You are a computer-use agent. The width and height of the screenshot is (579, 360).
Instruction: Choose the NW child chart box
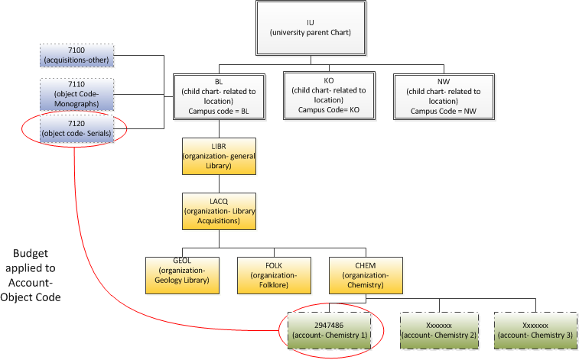[x=438, y=96]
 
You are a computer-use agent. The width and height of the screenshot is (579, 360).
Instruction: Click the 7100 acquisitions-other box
[x=76, y=55]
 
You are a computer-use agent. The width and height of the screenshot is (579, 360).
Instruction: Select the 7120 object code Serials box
[x=76, y=128]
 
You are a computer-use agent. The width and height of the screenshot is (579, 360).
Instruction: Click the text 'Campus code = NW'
[x=438, y=110]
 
